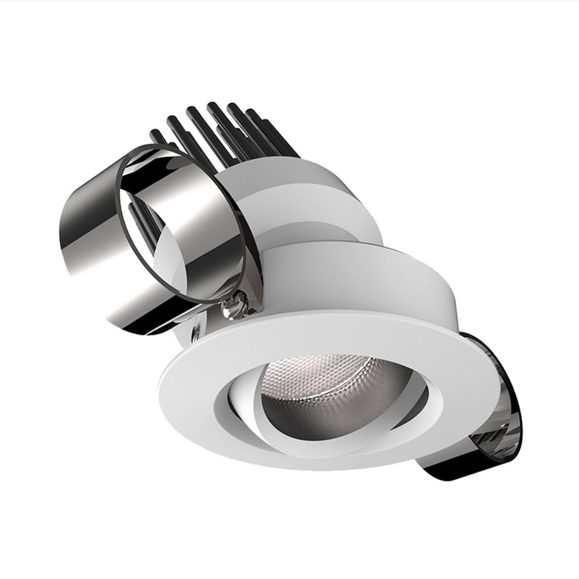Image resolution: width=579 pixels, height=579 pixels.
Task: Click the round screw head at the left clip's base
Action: click(230, 305)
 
